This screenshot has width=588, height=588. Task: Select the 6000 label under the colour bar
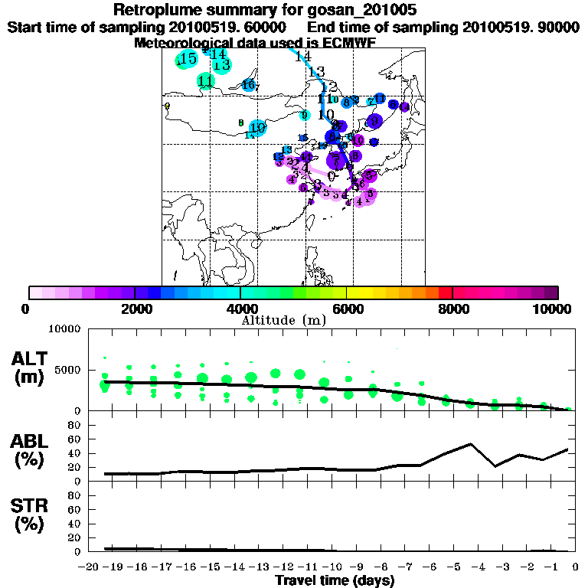[x=346, y=309]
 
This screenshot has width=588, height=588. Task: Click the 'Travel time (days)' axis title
[x=335, y=581]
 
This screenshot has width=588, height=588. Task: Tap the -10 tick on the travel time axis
[x=335, y=567]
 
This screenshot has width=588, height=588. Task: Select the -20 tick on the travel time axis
[x=91, y=567]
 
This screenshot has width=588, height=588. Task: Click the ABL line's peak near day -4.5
[x=471, y=443]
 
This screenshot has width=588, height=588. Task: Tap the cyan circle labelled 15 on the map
[x=187, y=59]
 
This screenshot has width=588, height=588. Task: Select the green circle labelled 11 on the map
[x=205, y=81]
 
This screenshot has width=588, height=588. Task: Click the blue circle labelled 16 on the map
[x=248, y=85]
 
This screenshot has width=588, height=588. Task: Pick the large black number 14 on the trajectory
[x=303, y=56]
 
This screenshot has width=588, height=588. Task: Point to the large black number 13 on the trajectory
[x=316, y=71]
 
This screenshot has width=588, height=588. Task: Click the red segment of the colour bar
[x=444, y=292]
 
